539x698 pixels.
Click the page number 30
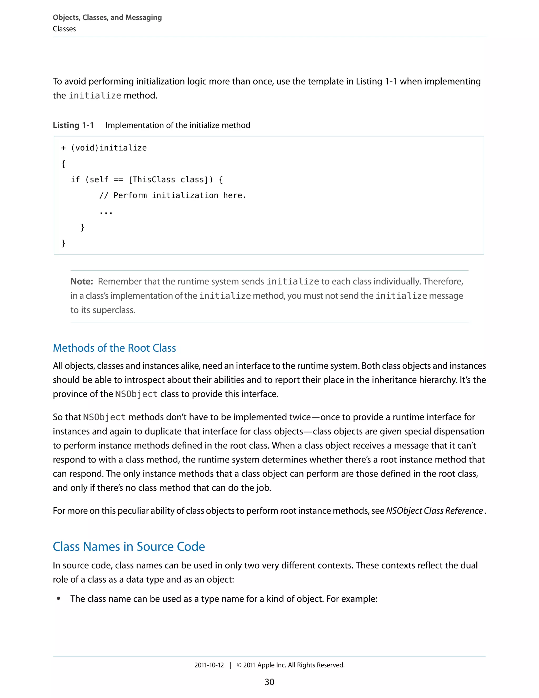point(269,682)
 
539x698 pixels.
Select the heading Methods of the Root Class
point(114,348)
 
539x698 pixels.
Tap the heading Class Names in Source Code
point(129,546)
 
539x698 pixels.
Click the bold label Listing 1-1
point(73,125)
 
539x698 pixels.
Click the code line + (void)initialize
point(104,148)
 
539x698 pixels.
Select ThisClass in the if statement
point(154,180)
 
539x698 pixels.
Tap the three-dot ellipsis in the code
point(106,213)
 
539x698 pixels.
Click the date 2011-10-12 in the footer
point(209,665)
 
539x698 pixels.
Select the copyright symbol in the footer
point(239,665)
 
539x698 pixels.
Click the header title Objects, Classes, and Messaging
point(107,18)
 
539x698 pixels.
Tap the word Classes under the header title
point(64,29)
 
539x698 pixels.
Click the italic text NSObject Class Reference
point(434,511)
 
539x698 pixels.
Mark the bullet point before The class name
point(58,599)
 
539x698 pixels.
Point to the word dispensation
point(460,431)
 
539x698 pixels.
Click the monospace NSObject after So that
point(104,417)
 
